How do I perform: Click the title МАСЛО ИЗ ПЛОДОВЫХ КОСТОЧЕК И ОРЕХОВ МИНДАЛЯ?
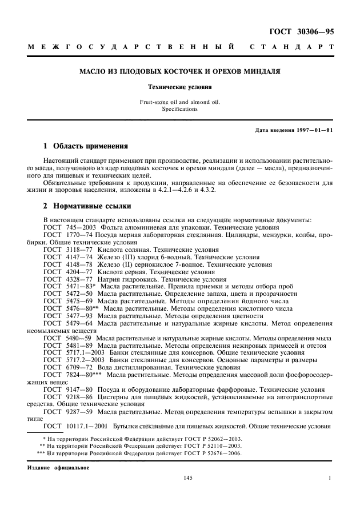[180, 72]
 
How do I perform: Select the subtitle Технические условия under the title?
[180, 88]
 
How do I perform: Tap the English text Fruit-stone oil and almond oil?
[180, 102]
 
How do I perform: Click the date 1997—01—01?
[314, 130]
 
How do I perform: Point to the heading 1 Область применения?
[86, 146]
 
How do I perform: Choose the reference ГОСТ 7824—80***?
[69, 375]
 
